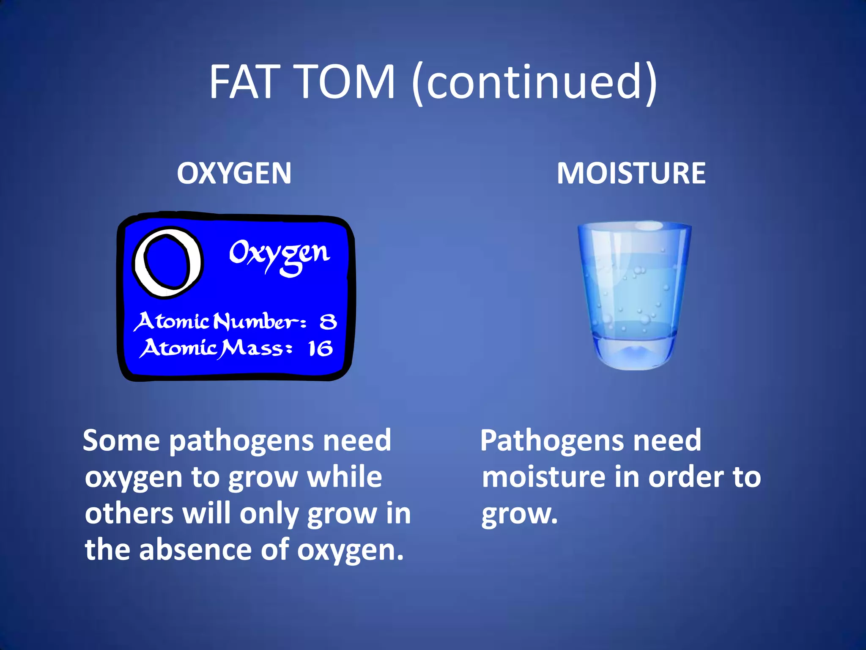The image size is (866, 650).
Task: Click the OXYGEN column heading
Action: pos(234,173)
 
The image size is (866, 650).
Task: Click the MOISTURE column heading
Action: pos(631,173)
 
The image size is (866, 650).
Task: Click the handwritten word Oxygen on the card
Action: pos(279,254)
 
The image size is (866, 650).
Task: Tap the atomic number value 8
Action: pos(328,322)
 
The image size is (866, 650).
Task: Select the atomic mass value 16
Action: pos(320,349)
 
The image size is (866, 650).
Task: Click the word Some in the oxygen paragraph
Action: pos(121,441)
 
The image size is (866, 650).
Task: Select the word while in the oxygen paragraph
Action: pos(345,477)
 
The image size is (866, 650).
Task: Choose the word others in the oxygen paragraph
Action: pos(129,513)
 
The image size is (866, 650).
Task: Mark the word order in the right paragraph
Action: pos(686,477)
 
